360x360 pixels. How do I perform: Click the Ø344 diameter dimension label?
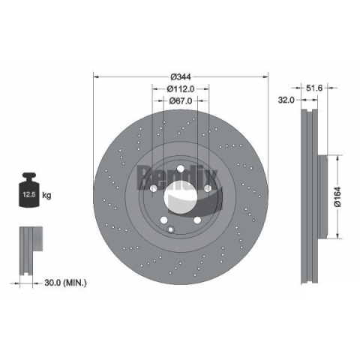[x=181, y=76]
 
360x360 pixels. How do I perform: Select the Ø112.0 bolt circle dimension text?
[x=181, y=88]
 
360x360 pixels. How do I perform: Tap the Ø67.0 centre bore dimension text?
[x=181, y=100]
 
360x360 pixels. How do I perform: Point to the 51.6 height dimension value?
[x=314, y=88]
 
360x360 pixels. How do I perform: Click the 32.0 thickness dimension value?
[x=286, y=100]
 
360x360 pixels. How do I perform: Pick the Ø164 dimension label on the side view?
[x=337, y=196]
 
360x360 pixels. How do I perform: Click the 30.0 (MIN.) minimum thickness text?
[x=65, y=283]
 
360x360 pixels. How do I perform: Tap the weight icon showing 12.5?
[x=29, y=190]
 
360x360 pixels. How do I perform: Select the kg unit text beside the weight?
[x=46, y=195]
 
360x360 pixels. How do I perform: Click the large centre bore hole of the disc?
[x=181, y=196]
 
